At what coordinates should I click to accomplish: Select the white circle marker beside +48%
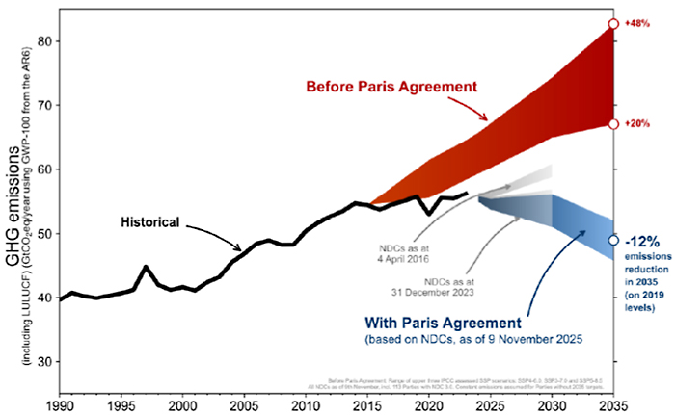pos(613,24)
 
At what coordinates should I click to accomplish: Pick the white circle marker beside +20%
pos(613,124)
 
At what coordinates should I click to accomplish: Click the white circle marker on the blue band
pos(613,240)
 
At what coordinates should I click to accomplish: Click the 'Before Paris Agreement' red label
pos(391,86)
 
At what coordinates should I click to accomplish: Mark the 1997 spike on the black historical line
pos(145,267)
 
